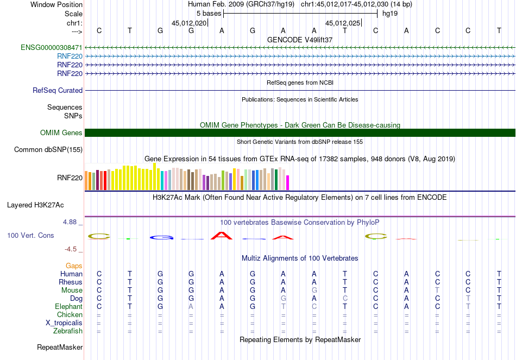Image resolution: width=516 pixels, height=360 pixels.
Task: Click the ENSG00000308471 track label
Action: tap(52, 48)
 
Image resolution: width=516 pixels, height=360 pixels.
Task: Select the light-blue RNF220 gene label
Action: tap(70, 56)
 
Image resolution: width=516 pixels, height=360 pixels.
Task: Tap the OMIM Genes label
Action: tap(61, 133)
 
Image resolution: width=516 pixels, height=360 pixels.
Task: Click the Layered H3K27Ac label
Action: tap(35, 205)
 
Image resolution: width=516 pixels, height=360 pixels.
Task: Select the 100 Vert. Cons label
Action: tap(30, 236)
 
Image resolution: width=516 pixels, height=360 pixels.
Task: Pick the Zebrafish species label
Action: tap(68, 331)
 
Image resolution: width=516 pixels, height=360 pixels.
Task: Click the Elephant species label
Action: tap(68, 307)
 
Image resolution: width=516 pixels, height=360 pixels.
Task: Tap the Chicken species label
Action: tap(70, 315)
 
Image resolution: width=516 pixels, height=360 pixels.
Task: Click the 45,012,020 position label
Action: tap(189, 23)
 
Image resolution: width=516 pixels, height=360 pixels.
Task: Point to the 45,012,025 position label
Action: tap(343, 23)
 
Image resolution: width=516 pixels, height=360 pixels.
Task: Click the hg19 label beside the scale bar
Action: tap(390, 14)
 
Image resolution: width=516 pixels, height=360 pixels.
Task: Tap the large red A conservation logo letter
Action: tap(221, 235)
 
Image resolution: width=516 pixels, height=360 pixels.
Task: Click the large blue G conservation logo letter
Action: tap(161, 237)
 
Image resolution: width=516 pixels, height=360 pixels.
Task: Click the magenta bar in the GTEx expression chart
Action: tap(287, 182)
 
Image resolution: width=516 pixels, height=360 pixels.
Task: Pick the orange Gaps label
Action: tap(74, 266)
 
